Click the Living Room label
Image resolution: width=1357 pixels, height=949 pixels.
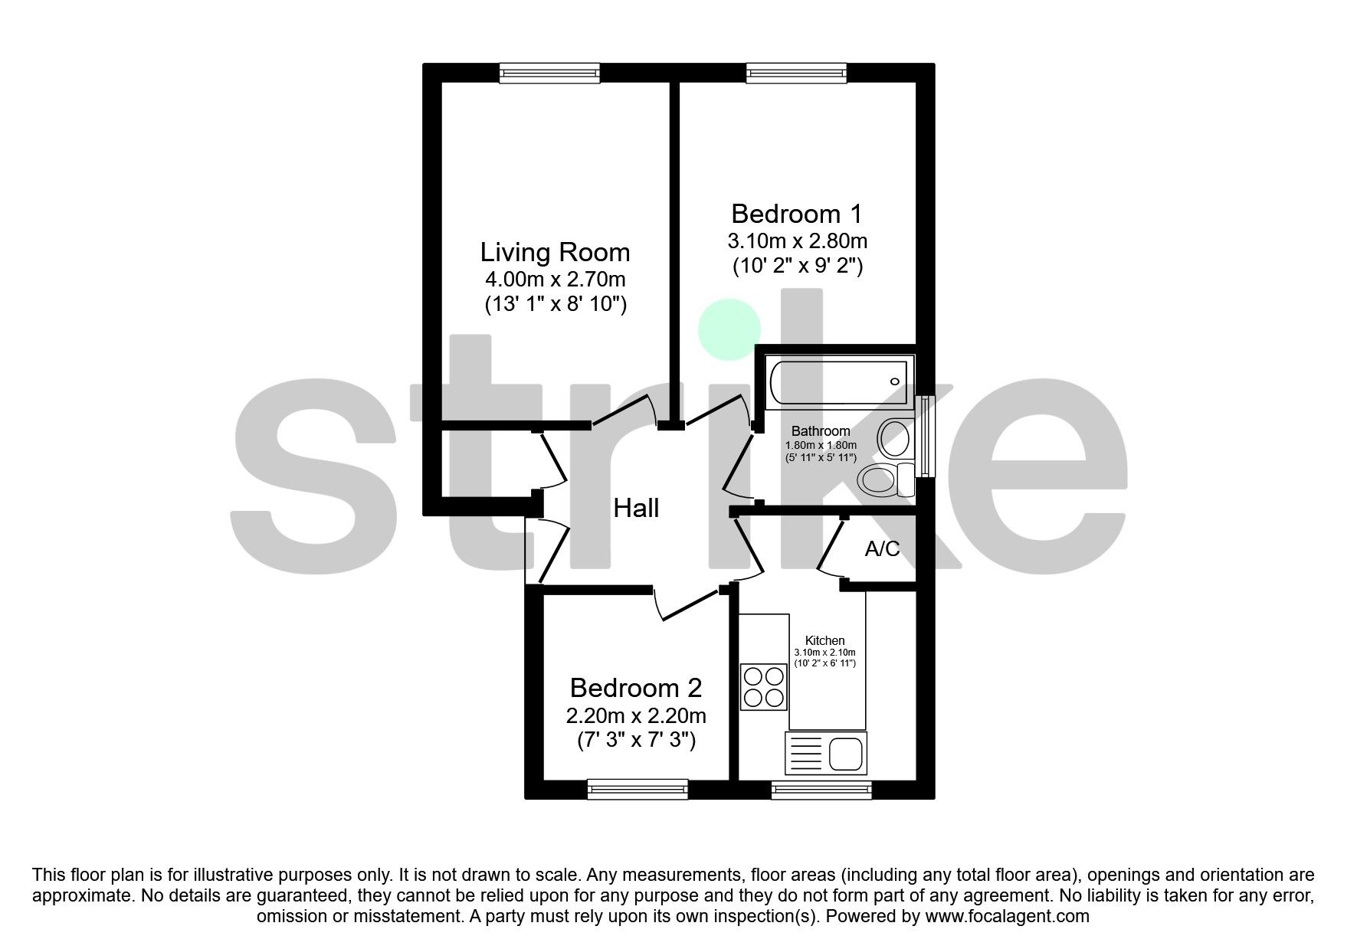point(555,252)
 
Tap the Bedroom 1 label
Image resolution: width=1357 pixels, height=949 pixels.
point(797,214)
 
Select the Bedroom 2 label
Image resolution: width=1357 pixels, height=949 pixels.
point(635,688)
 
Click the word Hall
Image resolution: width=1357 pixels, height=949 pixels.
point(636,508)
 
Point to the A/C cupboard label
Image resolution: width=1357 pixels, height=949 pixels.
point(882,548)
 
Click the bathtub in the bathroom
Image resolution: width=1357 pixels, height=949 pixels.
point(837,383)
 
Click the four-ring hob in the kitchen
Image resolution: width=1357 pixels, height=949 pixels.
point(765,687)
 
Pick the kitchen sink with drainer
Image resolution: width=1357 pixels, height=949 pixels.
point(826,753)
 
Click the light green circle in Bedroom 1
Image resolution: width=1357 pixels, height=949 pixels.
point(729,329)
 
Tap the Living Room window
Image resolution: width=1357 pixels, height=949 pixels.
point(549,74)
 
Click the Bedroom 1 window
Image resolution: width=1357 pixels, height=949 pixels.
point(797,74)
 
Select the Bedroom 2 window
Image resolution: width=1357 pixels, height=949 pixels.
point(638,790)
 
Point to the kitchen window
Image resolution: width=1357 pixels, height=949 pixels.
point(821,790)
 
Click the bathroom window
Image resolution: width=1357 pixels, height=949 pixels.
point(927,437)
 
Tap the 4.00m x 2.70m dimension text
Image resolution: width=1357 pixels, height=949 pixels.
point(555,279)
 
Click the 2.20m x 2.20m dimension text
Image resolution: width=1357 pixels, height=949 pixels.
point(635,716)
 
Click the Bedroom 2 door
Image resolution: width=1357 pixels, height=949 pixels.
point(690,607)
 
